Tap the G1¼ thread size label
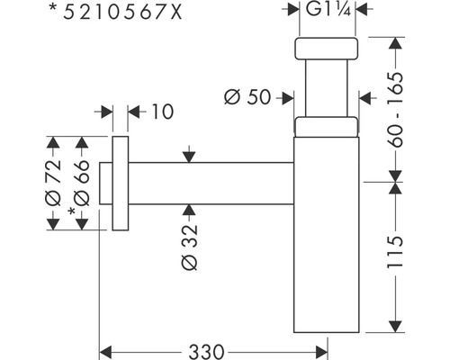click(329, 10)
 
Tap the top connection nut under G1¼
click(328, 49)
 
